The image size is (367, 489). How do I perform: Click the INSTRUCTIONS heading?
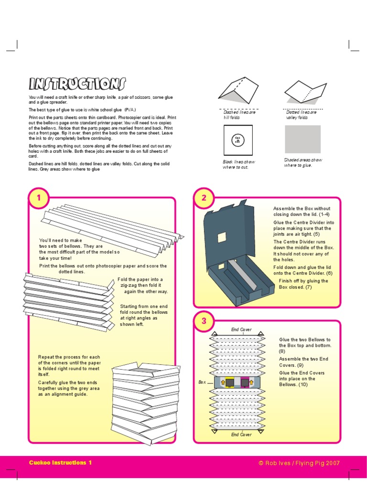77,84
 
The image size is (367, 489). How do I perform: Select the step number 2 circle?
204,198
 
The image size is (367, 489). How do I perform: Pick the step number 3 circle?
204,321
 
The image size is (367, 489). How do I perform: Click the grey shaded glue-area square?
302,139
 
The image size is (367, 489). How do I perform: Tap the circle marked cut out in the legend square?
237,139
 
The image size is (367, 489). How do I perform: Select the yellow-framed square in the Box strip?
229,383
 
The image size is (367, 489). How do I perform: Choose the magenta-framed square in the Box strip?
246,383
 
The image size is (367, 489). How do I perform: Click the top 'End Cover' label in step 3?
241,330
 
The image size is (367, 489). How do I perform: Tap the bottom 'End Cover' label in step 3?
241,435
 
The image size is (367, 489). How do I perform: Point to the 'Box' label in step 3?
202,383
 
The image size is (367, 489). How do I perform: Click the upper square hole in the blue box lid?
222,237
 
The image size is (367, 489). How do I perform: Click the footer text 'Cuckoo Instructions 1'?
60,463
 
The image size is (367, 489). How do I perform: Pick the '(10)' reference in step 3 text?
303,384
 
